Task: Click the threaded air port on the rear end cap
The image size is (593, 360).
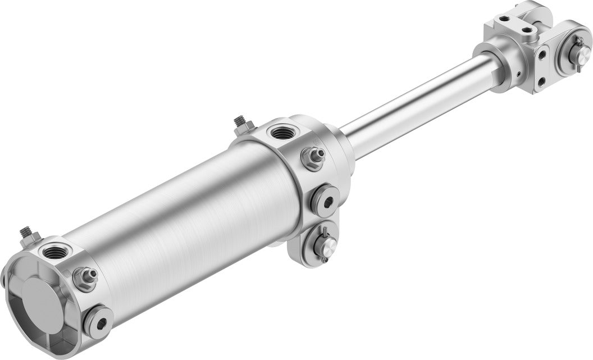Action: pyautogui.click(x=54, y=252)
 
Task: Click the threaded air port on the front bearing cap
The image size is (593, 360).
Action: pyautogui.click(x=279, y=133)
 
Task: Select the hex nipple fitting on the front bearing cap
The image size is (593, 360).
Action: pyautogui.click(x=313, y=158)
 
